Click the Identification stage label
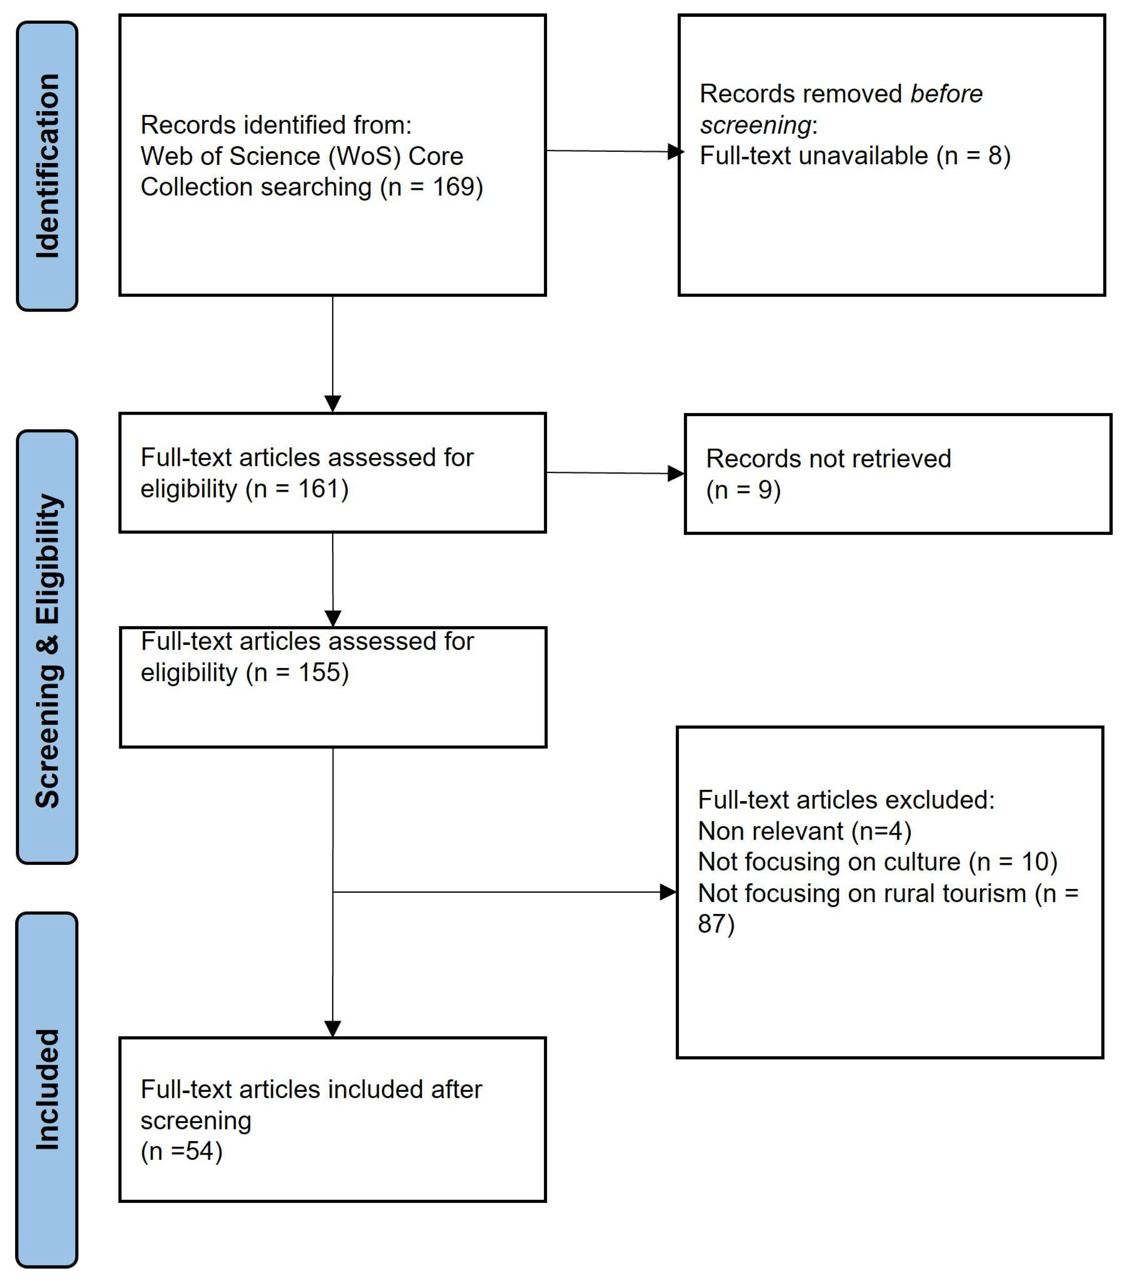[x=47, y=166]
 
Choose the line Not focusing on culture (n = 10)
[x=877, y=861]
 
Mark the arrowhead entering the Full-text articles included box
[x=333, y=1029]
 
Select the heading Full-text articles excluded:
[x=846, y=800]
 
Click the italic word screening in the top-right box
[x=755, y=125]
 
